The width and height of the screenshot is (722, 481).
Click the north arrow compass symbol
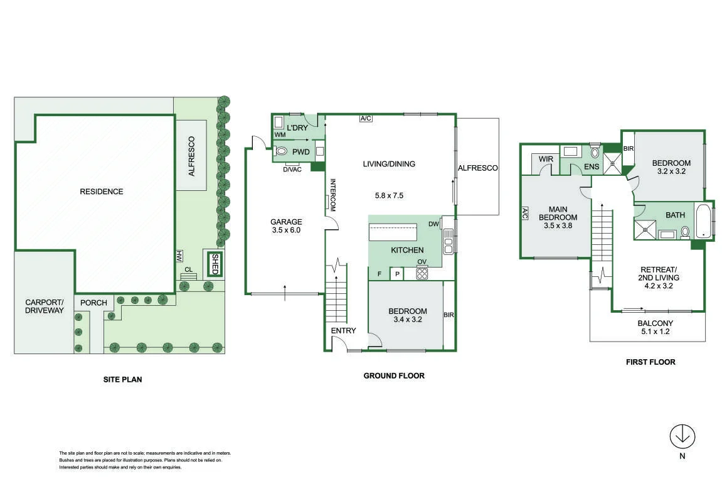tap(682, 437)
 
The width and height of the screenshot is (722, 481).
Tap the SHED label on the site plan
tap(215, 264)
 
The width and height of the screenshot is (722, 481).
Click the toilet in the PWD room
tap(280, 151)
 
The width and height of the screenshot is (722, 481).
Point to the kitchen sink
tap(449, 241)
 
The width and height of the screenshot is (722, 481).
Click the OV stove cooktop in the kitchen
tap(422, 273)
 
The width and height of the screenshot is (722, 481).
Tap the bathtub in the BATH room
tap(703, 220)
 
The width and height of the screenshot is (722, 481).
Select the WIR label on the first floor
tap(546, 159)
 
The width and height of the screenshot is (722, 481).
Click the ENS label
tap(592, 167)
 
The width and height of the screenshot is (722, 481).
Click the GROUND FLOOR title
tap(394, 376)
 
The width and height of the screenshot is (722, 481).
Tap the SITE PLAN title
tap(122, 380)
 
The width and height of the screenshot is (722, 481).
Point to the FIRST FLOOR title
tap(650, 362)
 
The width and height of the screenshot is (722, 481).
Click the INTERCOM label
tap(333, 195)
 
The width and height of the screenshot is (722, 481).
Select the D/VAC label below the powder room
tap(292, 170)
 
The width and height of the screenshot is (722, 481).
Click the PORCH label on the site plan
tap(93, 303)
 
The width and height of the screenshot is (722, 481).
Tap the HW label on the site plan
tap(179, 257)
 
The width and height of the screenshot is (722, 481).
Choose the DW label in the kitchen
tap(433, 224)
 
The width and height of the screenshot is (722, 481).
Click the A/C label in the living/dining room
tap(366, 119)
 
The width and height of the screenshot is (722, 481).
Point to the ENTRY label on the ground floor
tap(344, 330)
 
